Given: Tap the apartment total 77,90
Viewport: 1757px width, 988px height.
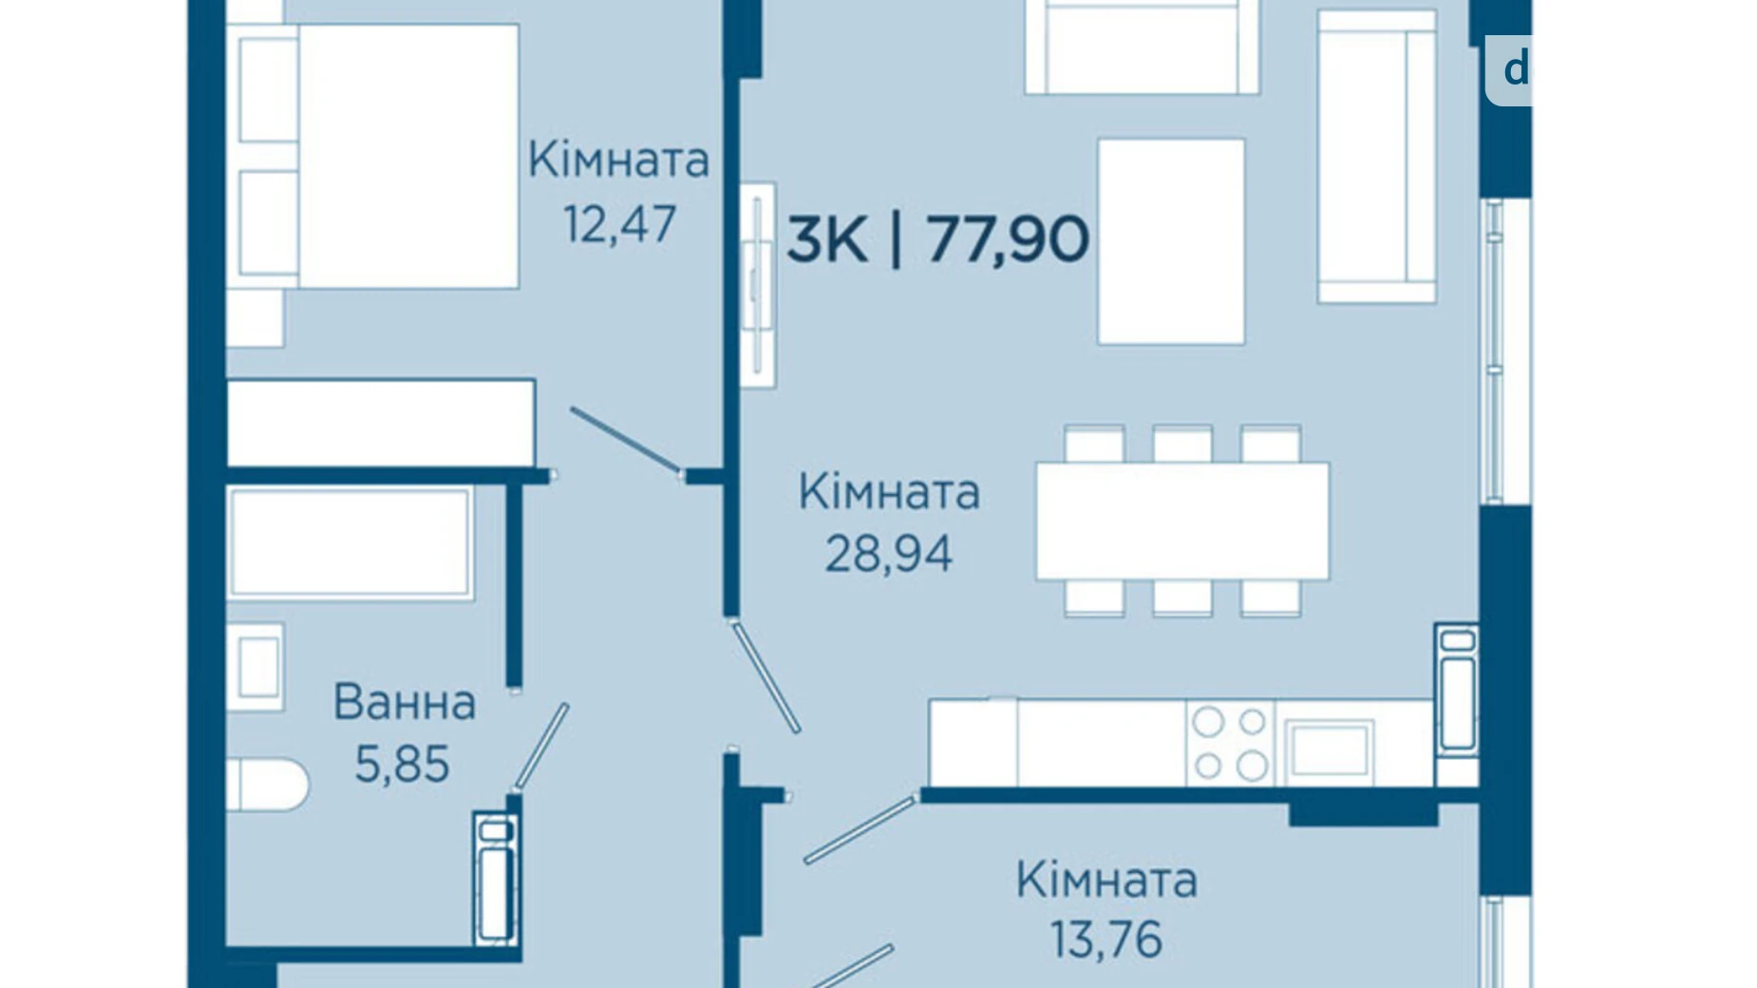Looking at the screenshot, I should point(1008,238).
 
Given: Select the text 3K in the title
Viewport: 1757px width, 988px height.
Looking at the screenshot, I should point(826,238).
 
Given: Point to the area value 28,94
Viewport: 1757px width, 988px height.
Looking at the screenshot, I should point(888,553).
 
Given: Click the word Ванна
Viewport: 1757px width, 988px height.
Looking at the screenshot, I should point(404,703).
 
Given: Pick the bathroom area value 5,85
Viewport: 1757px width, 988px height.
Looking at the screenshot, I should point(402,764).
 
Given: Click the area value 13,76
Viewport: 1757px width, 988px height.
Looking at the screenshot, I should point(1105,940).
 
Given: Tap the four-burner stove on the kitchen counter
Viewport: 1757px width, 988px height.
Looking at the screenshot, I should point(1230,743).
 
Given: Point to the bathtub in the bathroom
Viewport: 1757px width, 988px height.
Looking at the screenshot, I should point(350,542).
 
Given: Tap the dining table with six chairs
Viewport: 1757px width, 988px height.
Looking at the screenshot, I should point(1182,521).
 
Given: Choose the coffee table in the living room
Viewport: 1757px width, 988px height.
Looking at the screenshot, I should point(1171,241).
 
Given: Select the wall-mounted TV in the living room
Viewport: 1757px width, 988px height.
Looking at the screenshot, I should point(757,285).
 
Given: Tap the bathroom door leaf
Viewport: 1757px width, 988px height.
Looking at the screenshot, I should point(541,747).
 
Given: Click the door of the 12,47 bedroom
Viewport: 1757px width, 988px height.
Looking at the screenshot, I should point(624,439).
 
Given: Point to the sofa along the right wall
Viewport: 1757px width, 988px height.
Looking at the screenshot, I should point(1375,157).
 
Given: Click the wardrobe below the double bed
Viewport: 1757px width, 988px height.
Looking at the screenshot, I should point(380,423).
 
